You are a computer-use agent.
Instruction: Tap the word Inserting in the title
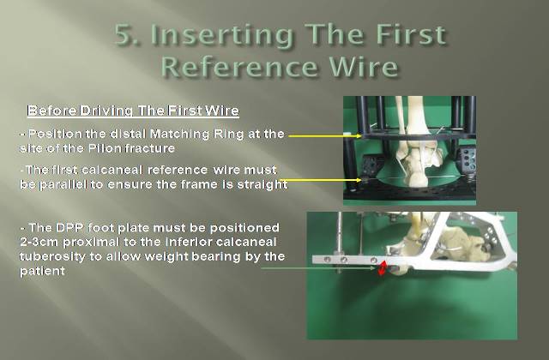coord(223,36)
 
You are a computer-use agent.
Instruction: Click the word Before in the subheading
coord(52,111)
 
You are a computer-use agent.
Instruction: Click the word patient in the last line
coord(42,271)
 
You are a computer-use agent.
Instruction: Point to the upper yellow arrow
coord(325,135)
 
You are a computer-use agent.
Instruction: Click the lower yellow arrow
coord(320,180)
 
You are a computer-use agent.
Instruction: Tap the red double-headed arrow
coord(383,268)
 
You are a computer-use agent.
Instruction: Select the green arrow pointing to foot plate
coord(318,268)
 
